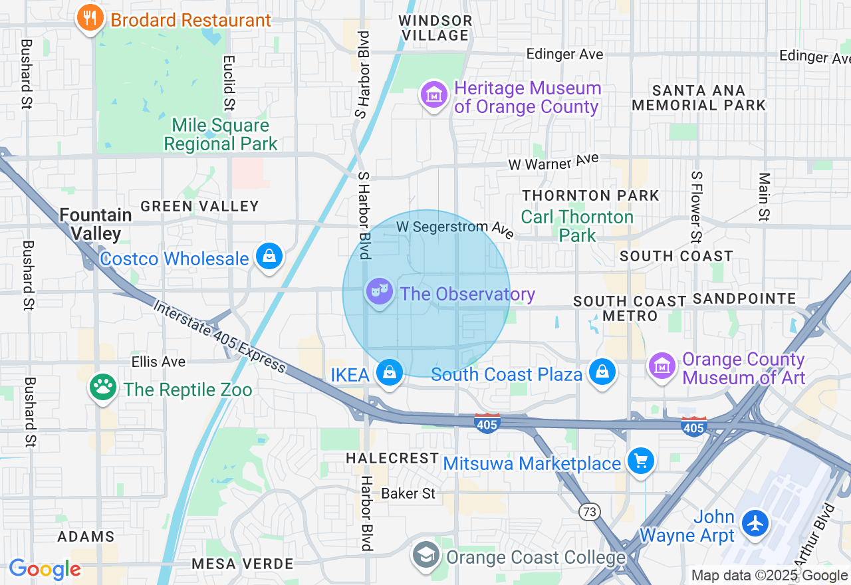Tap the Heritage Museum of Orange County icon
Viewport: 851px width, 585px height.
pyautogui.click(x=433, y=95)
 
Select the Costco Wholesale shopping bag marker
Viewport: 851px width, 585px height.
pyautogui.click(x=269, y=257)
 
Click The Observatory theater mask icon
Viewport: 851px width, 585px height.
pyautogui.click(x=379, y=292)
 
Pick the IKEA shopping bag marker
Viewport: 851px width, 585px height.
pyautogui.click(x=390, y=373)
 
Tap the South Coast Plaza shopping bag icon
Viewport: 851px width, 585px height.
pyautogui.click(x=602, y=372)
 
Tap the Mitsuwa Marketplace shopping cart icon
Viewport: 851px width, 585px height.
pyautogui.click(x=641, y=461)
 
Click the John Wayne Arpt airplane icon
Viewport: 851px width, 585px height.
pyautogui.click(x=755, y=524)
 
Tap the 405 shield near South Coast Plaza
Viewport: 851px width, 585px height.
pyautogui.click(x=487, y=423)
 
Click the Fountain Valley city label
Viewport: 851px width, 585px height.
pyautogui.click(x=96, y=224)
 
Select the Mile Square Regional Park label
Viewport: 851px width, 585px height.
pyautogui.click(x=221, y=134)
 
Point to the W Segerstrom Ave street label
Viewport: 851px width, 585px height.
pyautogui.click(x=455, y=229)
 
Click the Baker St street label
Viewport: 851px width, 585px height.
pyautogui.click(x=408, y=493)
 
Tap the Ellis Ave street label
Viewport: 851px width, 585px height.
pyautogui.click(x=158, y=362)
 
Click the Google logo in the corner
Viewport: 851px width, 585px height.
pyautogui.click(x=45, y=569)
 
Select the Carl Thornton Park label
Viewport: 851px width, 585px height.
pyautogui.click(x=576, y=226)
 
